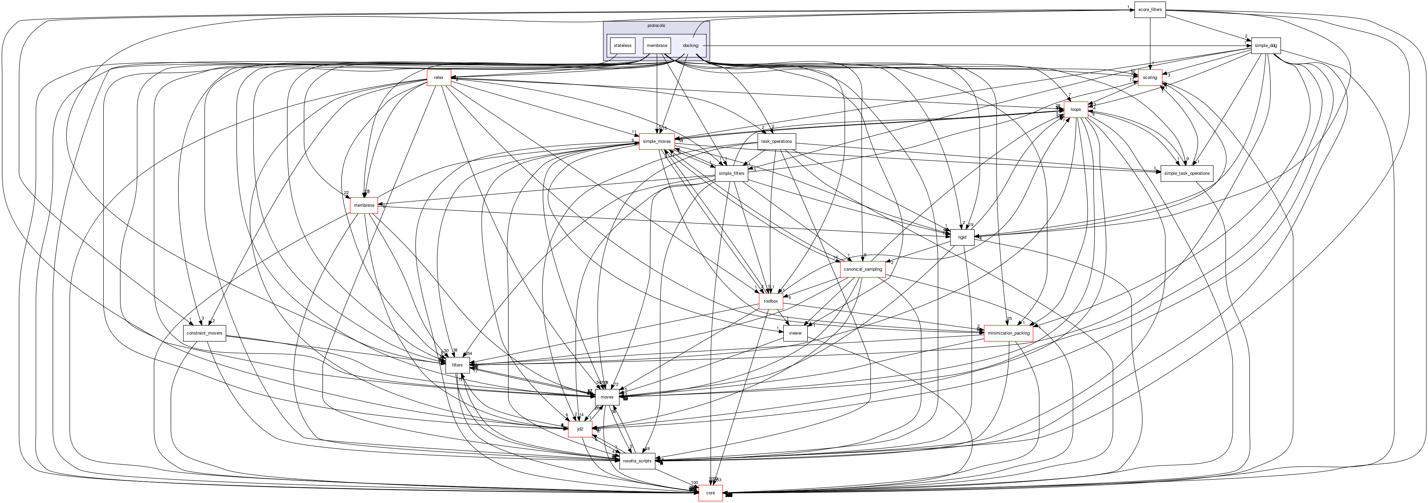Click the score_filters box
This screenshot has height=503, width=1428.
click(x=1150, y=9)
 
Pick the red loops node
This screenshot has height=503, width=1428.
click(x=1075, y=110)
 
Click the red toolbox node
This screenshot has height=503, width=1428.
click(x=770, y=301)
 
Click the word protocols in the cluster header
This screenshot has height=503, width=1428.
click(x=656, y=26)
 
